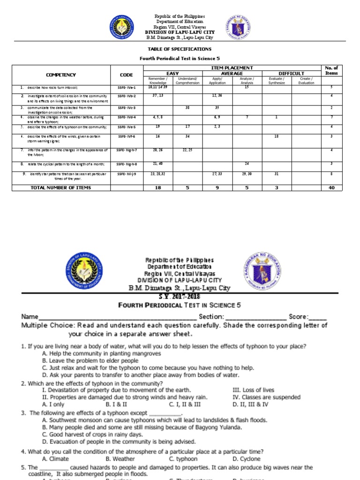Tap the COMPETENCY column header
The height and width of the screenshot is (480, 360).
pos(60,75)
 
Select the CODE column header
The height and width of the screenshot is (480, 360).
pos(126,75)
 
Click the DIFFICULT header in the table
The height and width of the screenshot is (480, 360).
pos(291,74)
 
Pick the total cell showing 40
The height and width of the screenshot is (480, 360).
pos(331,187)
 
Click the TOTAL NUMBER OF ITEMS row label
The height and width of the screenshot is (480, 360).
pos(60,187)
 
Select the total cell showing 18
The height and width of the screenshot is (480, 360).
pos(157,187)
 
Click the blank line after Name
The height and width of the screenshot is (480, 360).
pos(117,317)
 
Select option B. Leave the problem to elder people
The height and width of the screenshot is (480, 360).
pos(90,361)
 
